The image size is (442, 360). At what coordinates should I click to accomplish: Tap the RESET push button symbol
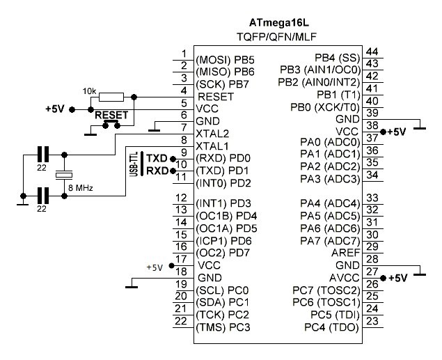coord(110,123)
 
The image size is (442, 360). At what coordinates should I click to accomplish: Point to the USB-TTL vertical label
coord(133,164)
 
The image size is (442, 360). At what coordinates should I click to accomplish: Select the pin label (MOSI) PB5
coord(226,59)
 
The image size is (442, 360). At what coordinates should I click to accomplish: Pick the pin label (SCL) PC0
coord(223,290)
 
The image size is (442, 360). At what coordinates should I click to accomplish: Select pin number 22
coord(182,322)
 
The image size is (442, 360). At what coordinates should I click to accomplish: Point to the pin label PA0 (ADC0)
coord(329,143)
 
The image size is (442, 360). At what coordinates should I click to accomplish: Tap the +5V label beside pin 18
coord(155,267)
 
